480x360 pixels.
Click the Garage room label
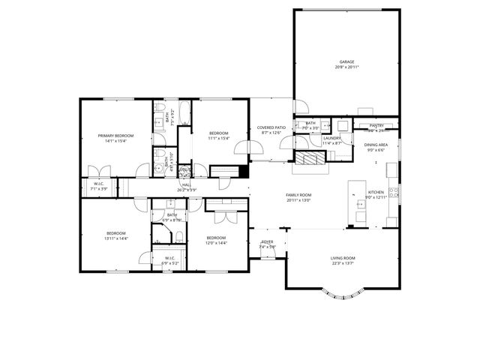[x=346, y=62]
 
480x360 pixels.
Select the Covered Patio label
[x=271, y=128]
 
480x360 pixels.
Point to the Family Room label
[x=298, y=195]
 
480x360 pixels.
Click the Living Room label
[x=343, y=258]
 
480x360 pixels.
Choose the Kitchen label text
[x=376, y=192]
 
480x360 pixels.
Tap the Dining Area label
[x=376, y=145]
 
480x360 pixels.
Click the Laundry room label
[x=331, y=138]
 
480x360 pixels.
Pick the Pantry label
[x=376, y=126]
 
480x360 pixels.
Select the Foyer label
[x=267, y=242]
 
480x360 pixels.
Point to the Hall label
[x=186, y=184]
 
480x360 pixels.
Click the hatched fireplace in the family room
[x=309, y=158]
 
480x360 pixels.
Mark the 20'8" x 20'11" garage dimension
[x=346, y=67]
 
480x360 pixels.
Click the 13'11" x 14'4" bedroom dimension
[x=116, y=238]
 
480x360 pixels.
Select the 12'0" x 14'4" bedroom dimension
[x=216, y=242]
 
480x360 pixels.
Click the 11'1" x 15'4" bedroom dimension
[x=218, y=138]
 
